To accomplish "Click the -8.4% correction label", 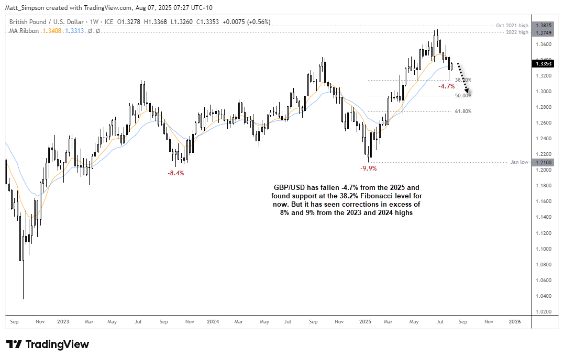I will (175, 173).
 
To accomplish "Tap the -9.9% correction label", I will (368, 168).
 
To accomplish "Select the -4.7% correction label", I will (446, 86).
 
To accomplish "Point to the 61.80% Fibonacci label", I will (463, 111).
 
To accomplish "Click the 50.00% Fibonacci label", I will (463, 96).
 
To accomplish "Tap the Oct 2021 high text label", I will (512, 26).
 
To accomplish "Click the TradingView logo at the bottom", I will (48, 344).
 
